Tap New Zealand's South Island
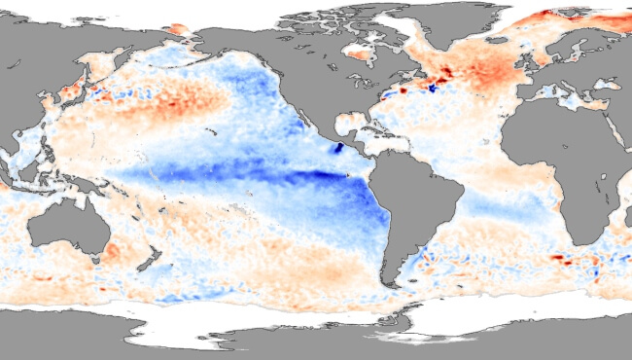[x=144, y=261]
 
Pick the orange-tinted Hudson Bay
[x=356, y=54]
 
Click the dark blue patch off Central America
[x=339, y=148]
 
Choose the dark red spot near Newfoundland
[x=403, y=90]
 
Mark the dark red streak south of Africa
[x=558, y=259]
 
